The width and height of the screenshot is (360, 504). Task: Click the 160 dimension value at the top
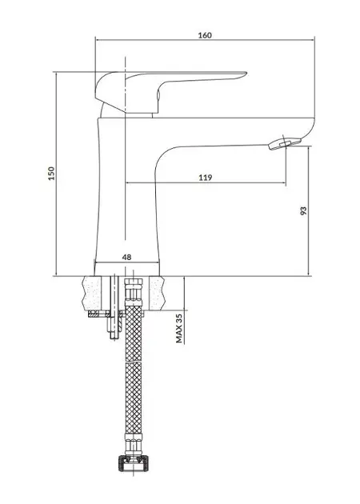[x=205, y=35]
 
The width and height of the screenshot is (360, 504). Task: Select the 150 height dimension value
[x=51, y=174]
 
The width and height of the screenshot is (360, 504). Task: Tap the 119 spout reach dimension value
[x=205, y=177]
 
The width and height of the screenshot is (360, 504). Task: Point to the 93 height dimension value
[x=303, y=211]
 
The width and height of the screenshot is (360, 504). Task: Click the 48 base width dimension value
[x=127, y=257]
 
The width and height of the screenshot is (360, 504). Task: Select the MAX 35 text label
[x=179, y=328]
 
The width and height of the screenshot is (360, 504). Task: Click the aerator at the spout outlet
[x=280, y=144]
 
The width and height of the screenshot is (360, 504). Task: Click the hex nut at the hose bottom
[x=134, y=462]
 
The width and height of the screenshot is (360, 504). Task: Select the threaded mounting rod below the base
[x=114, y=307]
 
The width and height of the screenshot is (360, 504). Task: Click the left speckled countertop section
[x=92, y=293]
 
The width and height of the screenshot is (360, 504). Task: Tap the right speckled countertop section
[x=157, y=293]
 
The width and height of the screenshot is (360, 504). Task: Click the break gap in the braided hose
[x=134, y=362]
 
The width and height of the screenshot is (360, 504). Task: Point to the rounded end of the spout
[x=308, y=130]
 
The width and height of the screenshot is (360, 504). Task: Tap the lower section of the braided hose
[x=134, y=398]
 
